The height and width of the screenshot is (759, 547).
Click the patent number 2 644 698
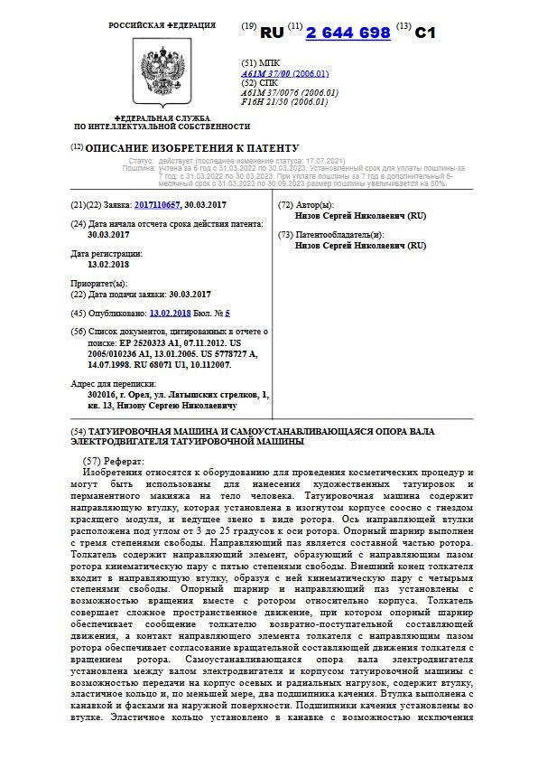pos(348,33)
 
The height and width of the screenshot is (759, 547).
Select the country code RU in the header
pos(272,33)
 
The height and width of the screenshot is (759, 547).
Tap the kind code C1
pos(425,33)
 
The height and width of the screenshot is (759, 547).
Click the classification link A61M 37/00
pos(270,73)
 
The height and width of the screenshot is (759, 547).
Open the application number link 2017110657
pos(157,205)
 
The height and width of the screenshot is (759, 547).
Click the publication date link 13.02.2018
pos(171,313)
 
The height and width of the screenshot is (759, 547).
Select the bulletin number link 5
pos(228,313)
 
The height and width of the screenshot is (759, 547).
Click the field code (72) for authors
pos(286,205)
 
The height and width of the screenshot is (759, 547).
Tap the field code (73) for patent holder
pos(286,234)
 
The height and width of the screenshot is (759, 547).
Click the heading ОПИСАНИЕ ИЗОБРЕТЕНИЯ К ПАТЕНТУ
pos(191,148)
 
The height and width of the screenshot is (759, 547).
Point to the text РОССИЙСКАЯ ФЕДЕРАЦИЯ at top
pos(162,25)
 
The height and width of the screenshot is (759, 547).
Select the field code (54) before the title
pos(78,432)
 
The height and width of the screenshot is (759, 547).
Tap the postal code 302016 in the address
pos(105,395)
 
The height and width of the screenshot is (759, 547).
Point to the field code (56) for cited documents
pos(78,332)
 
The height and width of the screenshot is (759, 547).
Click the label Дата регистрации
pos(107,254)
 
